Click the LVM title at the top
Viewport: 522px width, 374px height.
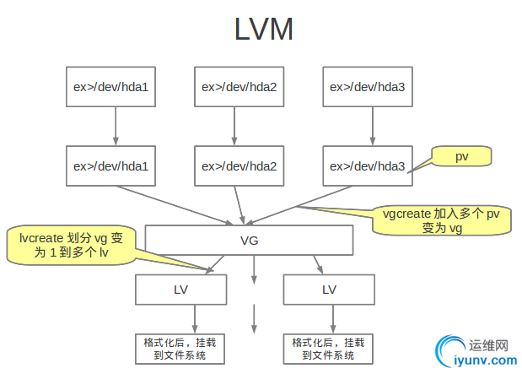pyautogui.click(x=264, y=30)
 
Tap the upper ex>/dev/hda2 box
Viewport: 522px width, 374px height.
pyautogui.click(x=239, y=86)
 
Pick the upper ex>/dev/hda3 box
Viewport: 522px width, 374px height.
pyautogui.click(x=367, y=86)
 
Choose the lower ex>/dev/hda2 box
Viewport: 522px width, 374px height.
pyautogui.click(x=239, y=165)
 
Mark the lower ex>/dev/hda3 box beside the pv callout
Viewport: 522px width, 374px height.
pyautogui.click(x=367, y=165)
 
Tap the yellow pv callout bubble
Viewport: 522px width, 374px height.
pyautogui.click(x=461, y=157)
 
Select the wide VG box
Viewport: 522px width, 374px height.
pyautogui.click(x=249, y=241)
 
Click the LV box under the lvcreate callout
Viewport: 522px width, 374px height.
pyautogui.click(x=180, y=290)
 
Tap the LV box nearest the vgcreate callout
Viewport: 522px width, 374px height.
pyautogui.click(x=328, y=290)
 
